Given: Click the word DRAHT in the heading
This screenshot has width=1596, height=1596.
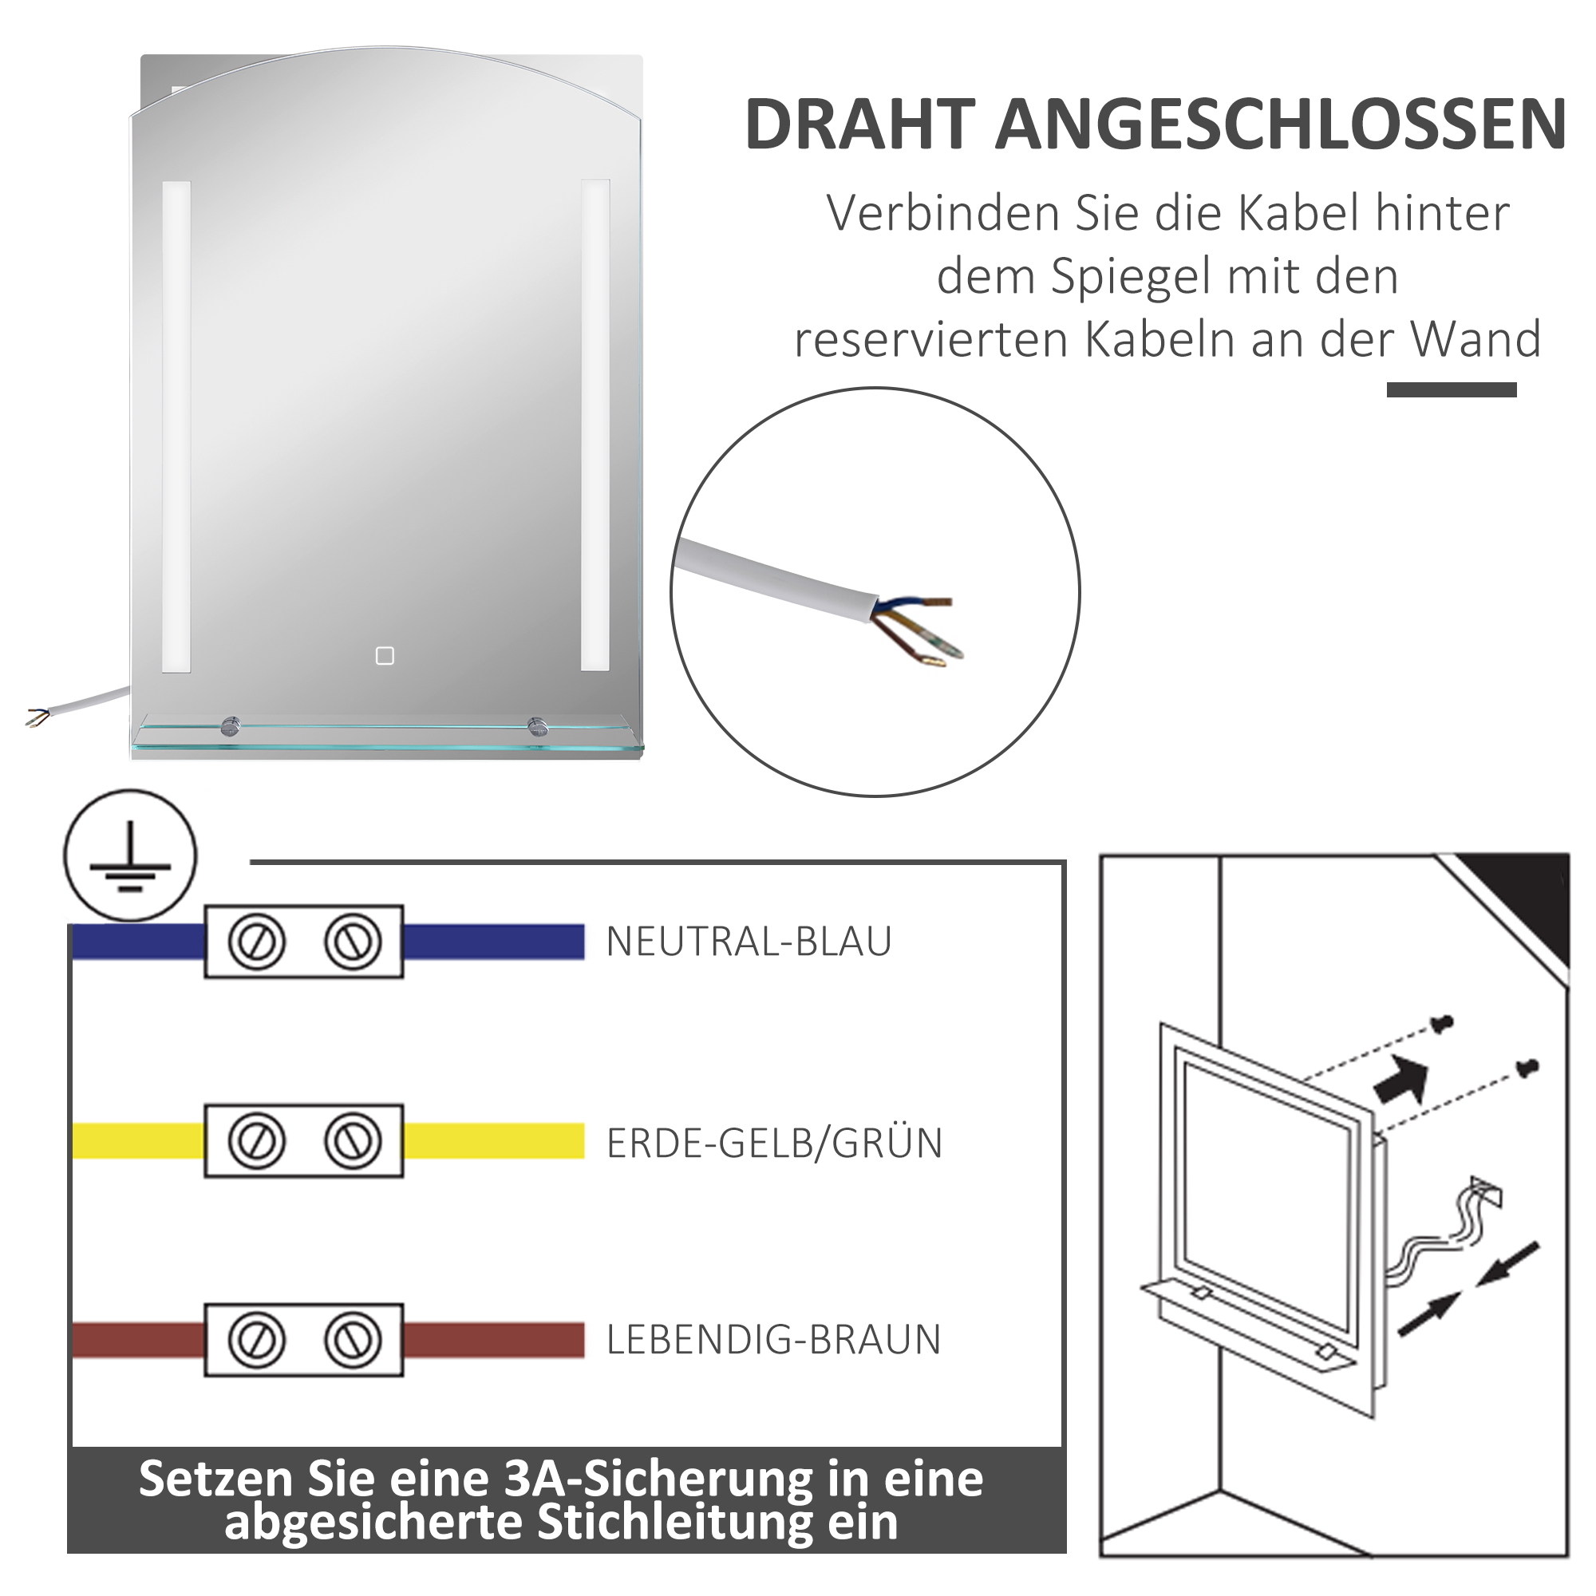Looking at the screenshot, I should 860,124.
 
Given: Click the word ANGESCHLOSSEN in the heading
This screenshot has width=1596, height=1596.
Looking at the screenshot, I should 1280,124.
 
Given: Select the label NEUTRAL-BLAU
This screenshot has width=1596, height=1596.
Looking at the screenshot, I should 749,942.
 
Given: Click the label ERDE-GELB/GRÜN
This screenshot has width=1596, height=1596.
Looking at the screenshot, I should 774,1144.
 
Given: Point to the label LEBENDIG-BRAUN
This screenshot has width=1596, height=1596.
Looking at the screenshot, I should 773,1340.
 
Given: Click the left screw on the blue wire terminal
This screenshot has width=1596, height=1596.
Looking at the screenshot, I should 256,942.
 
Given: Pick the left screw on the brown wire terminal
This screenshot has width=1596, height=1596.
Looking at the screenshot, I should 256,1340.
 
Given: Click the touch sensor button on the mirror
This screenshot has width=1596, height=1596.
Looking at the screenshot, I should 385,656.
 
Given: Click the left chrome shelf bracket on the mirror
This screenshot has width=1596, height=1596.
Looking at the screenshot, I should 231,726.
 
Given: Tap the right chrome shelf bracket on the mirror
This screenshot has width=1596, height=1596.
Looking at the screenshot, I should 537,726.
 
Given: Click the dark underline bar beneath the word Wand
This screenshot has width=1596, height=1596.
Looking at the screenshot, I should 1451,390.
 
